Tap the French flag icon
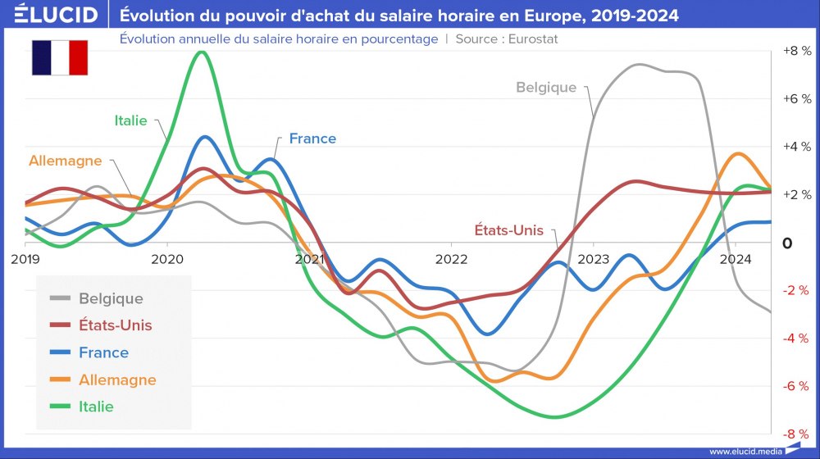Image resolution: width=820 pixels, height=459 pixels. tap(60, 57)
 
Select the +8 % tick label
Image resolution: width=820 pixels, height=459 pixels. tap(797, 51)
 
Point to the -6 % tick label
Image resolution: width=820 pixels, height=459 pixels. tap(796, 386)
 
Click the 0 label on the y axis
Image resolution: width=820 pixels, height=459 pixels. tap(787, 243)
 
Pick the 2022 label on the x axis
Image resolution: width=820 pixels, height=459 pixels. tap(451, 260)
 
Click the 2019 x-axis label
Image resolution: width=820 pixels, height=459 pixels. tap(25, 260)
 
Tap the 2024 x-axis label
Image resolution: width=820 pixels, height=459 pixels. tap(736, 260)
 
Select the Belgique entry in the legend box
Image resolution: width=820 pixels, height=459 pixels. tap(111, 298)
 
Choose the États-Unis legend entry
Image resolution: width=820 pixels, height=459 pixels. tap(116, 325)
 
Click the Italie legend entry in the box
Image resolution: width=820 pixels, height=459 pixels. tap(96, 407)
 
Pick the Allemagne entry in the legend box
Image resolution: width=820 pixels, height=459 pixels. tap(117, 379)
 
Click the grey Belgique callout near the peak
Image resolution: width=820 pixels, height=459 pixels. tap(546, 88)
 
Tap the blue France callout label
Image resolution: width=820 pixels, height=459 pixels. tap(312, 139)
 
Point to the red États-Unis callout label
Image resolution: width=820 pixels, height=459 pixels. tap(509, 230)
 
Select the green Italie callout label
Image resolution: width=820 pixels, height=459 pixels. tap(130, 120)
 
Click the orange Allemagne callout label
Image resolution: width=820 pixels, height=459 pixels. tap(65, 161)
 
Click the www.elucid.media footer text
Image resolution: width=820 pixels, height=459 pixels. tap(745, 452)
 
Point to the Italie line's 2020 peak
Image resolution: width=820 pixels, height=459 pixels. tap(201, 52)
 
